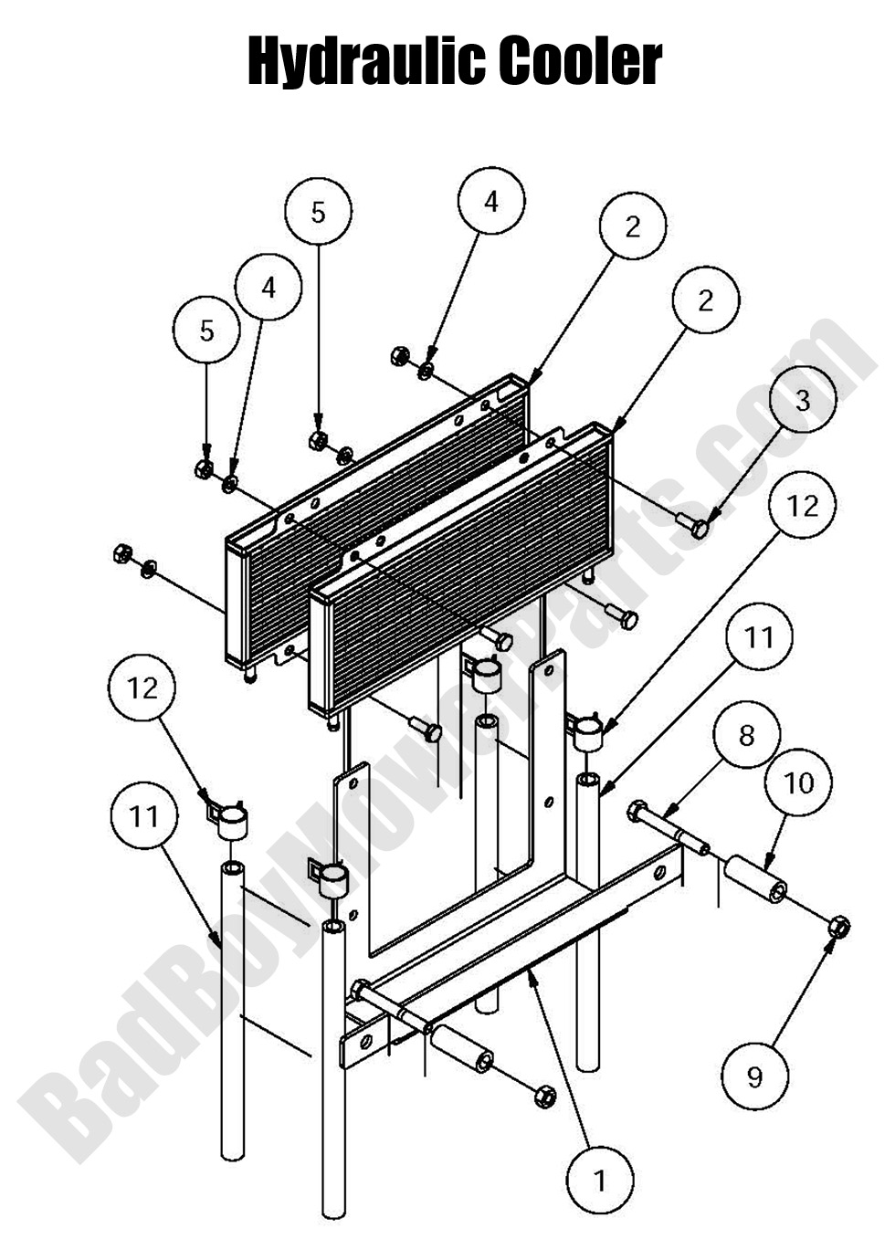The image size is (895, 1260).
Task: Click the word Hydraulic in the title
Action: coord(365,62)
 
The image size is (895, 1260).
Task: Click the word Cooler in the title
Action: coord(580,62)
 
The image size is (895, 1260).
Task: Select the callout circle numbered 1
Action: coord(600,1181)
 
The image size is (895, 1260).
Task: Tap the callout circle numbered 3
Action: coord(802,400)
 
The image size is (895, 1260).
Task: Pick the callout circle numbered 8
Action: coord(747,736)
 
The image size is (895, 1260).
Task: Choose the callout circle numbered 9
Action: coord(754,1077)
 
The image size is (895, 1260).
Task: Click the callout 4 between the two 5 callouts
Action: coord(268,288)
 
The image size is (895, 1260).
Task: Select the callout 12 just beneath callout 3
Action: coord(803,505)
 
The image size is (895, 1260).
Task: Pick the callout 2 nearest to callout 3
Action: coord(705,300)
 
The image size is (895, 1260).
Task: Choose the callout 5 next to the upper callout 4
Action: coord(318,212)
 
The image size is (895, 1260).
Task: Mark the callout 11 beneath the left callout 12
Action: coord(144,815)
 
